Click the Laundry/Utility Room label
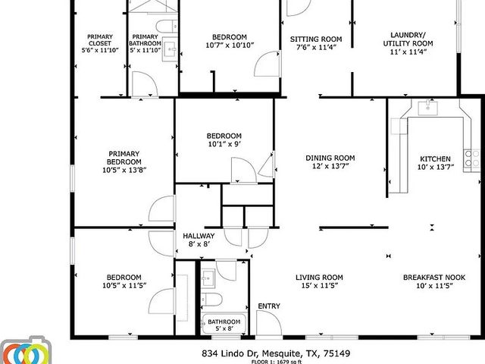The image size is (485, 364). [411, 39]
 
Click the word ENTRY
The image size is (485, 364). [268, 306]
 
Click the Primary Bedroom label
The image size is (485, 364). [124, 161]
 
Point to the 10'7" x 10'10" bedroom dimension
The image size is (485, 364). [229, 45]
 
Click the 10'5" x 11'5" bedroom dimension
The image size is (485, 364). [124, 285]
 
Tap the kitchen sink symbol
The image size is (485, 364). [428, 108]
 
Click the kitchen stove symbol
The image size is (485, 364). [475, 157]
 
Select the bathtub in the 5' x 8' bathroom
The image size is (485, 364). [224, 322]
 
